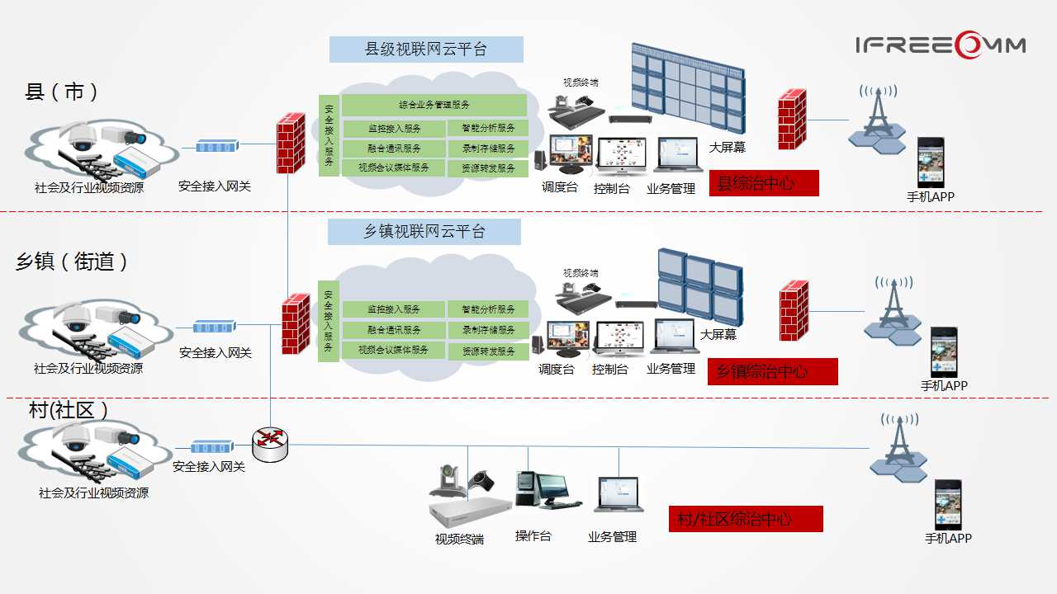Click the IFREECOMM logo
[941, 45]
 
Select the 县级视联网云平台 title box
[426, 49]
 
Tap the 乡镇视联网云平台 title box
[424, 232]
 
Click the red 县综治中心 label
[763, 183]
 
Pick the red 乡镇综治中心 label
[772, 371]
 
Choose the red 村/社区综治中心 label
[746, 519]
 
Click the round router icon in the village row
[271, 445]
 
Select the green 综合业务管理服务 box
[434, 106]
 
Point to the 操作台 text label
[533, 536]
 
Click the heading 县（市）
[62, 92]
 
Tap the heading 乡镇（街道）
[73, 262]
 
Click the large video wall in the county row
[688, 89]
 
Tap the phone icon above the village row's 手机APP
[947, 504]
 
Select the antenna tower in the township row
[893, 312]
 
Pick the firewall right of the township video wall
[794, 310]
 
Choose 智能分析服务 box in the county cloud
[487, 129]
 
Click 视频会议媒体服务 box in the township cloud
[394, 351]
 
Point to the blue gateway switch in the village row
[212, 447]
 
